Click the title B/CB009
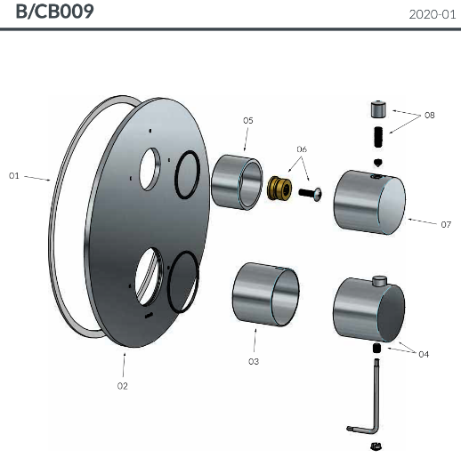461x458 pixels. pyautogui.click(x=55, y=13)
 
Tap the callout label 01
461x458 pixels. pyautogui.click(x=14, y=176)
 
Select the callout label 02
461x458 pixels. pyautogui.click(x=123, y=385)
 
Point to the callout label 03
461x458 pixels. pyautogui.click(x=254, y=361)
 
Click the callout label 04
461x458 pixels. pyautogui.click(x=424, y=354)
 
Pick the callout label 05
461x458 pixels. pyautogui.click(x=247, y=120)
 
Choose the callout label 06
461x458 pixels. pyautogui.click(x=302, y=149)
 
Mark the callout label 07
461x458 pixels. pyautogui.click(x=445, y=224)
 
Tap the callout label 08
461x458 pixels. pyautogui.click(x=430, y=116)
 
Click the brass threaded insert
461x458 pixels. pyautogui.click(x=281, y=190)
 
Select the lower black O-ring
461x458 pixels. pyautogui.click(x=182, y=281)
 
